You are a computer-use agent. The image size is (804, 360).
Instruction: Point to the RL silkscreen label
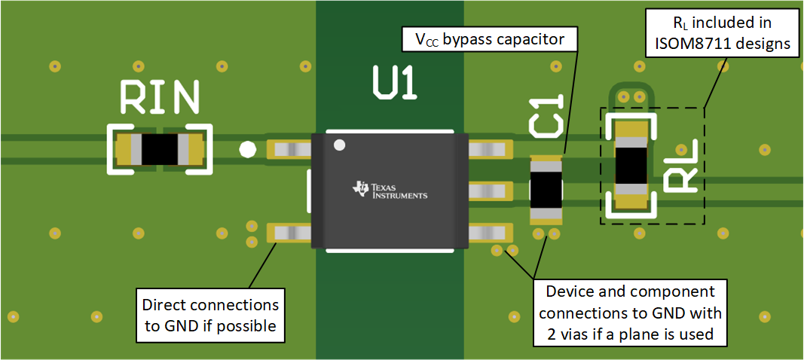(683, 170)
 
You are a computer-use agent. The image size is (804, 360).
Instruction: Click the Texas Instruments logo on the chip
(390, 191)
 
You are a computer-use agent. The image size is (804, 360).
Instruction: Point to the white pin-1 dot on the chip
(340, 145)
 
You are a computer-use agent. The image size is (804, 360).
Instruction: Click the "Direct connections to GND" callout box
(210, 316)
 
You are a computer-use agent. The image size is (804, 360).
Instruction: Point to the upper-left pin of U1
(290, 149)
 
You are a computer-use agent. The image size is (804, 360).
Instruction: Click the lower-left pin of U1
(290, 233)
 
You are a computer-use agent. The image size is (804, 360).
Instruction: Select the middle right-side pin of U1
(489, 192)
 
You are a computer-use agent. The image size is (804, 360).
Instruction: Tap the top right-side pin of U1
(489, 149)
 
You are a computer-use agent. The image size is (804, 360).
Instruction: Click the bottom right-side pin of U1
(489, 233)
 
